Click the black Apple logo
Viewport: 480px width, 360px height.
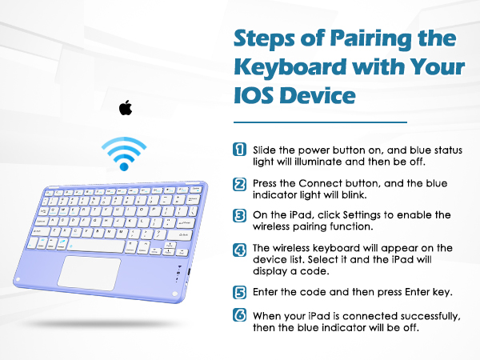pos(124,107)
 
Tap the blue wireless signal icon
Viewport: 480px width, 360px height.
pos(124,153)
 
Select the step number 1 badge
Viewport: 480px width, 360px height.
pos(239,150)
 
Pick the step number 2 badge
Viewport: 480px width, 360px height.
pos(239,184)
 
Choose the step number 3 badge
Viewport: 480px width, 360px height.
pos(239,215)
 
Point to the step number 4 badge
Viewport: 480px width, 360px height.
pos(239,248)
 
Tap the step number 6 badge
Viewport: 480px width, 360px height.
pos(239,315)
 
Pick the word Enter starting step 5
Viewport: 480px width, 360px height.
pos(267,292)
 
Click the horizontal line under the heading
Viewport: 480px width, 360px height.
pos(320,123)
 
